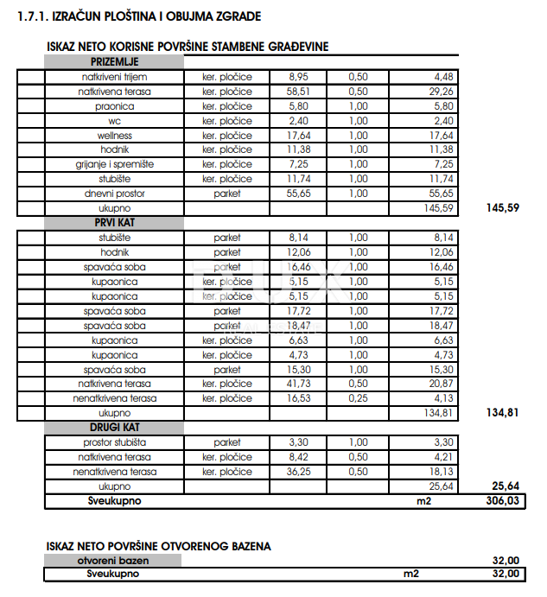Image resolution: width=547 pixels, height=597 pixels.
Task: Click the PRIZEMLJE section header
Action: (x=114, y=62)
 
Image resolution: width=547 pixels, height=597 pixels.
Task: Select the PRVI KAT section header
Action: (x=114, y=222)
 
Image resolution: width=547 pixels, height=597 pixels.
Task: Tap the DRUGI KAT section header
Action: (x=114, y=428)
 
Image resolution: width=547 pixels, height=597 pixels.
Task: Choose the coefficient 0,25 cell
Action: (x=358, y=398)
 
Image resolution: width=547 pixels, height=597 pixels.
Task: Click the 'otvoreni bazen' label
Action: (x=114, y=560)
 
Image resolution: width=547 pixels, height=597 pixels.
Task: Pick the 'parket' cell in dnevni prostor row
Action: (x=226, y=194)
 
